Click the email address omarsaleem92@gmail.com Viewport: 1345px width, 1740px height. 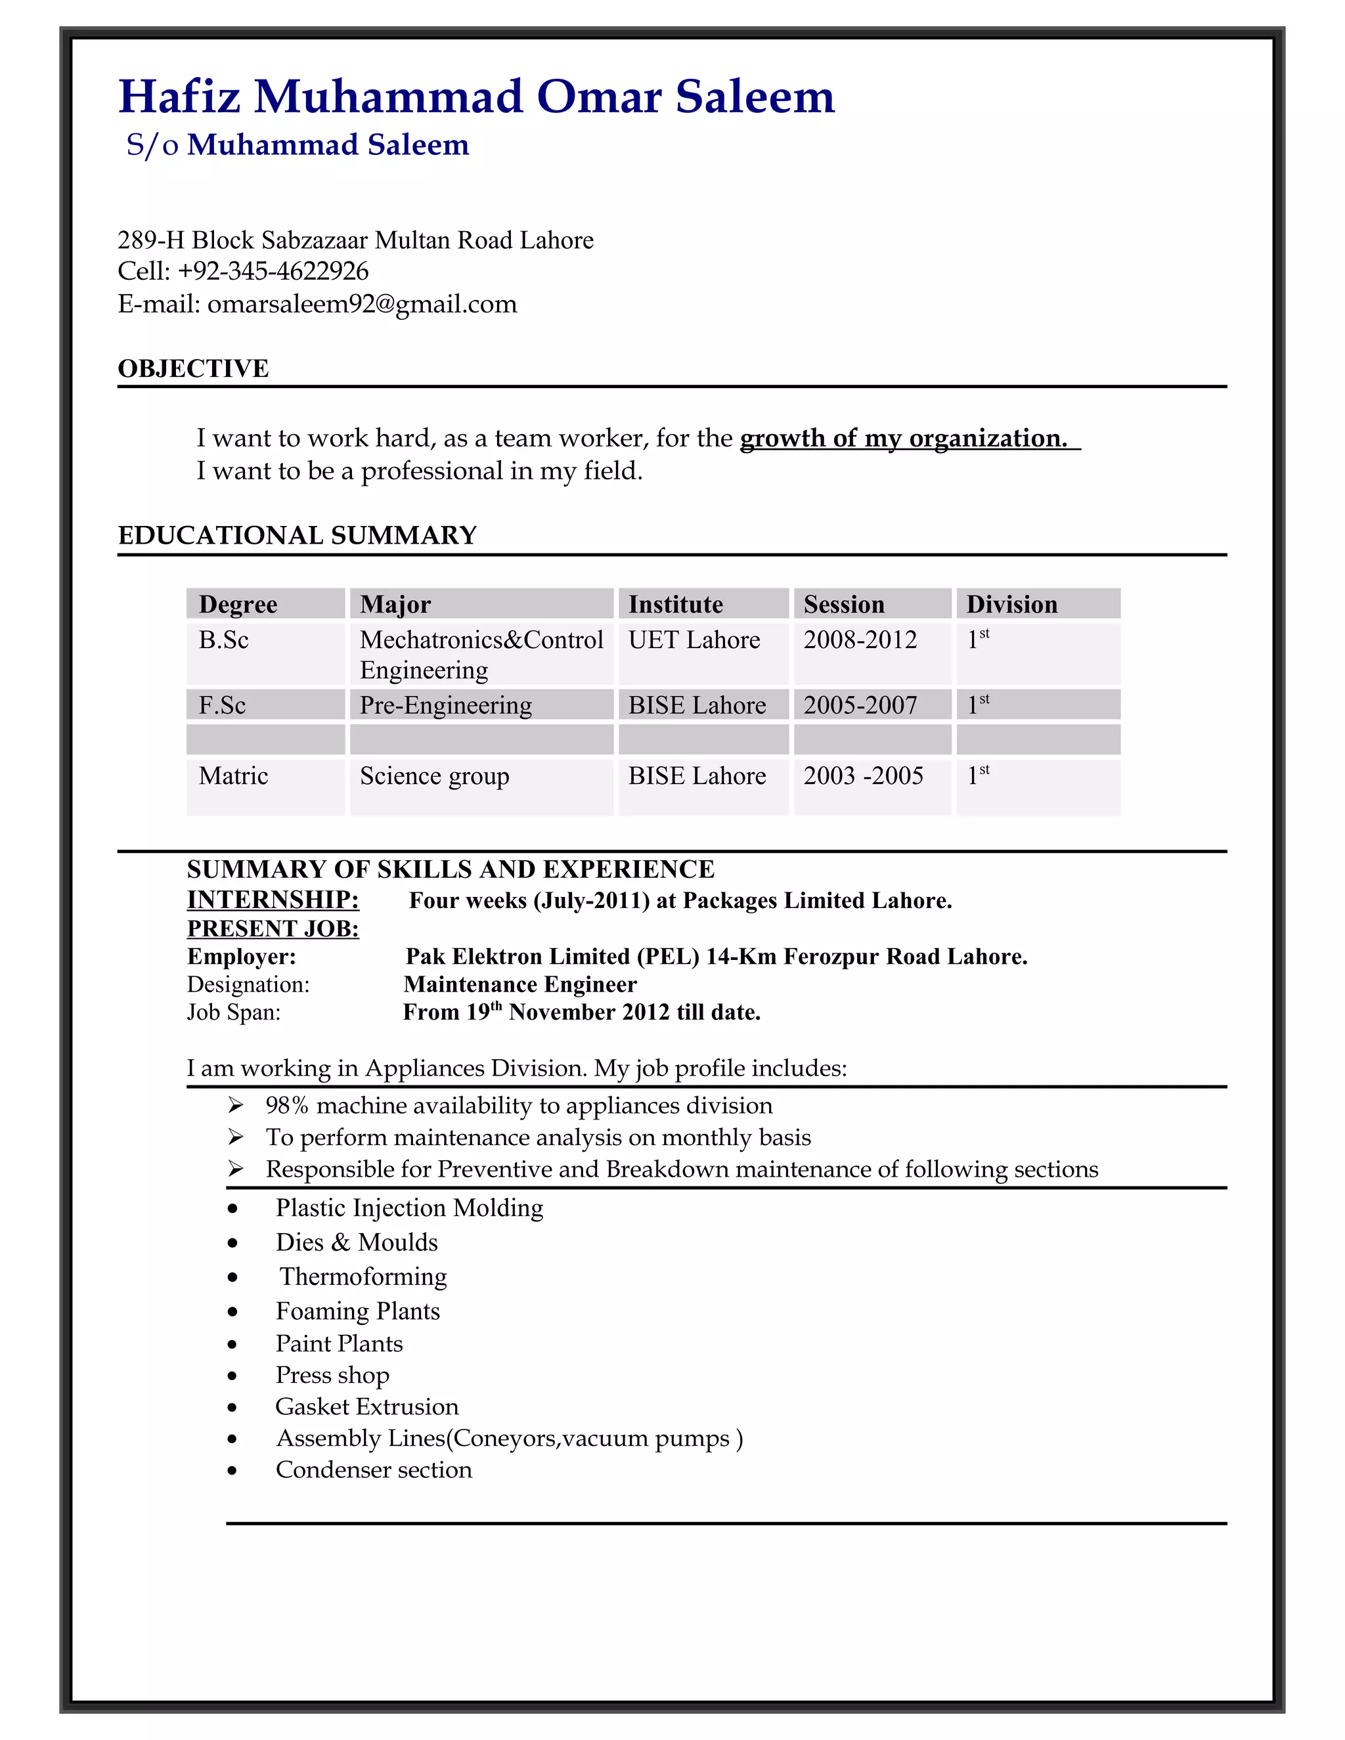tap(362, 305)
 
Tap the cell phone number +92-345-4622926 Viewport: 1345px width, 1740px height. tap(273, 272)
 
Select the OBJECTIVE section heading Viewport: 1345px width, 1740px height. tap(194, 369)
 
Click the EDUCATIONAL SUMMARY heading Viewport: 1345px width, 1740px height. tap(298, 535)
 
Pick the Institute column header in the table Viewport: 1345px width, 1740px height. tap(676, 605)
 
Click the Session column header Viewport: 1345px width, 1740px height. tap(844, 605)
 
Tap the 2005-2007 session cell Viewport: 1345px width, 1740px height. tap(860, 705)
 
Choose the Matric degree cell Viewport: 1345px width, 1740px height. tap(233, 776)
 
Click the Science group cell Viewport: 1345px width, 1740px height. tap(434, 776)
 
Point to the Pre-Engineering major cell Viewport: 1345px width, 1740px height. tap(445, 705)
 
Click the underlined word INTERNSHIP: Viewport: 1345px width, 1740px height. tap(273, 900)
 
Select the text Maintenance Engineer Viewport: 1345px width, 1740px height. tap(520, 985)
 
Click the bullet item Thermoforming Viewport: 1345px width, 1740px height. tap(363, 1277)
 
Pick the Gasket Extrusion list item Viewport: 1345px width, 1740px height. tap(367, 1407)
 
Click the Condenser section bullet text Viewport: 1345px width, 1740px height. tap(374, 1470)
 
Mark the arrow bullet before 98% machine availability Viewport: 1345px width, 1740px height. tap(235, 1105)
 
